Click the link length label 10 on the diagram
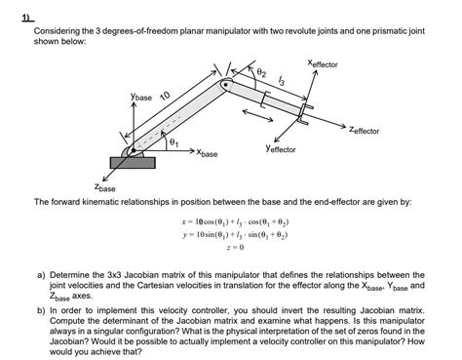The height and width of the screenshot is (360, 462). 165,96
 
